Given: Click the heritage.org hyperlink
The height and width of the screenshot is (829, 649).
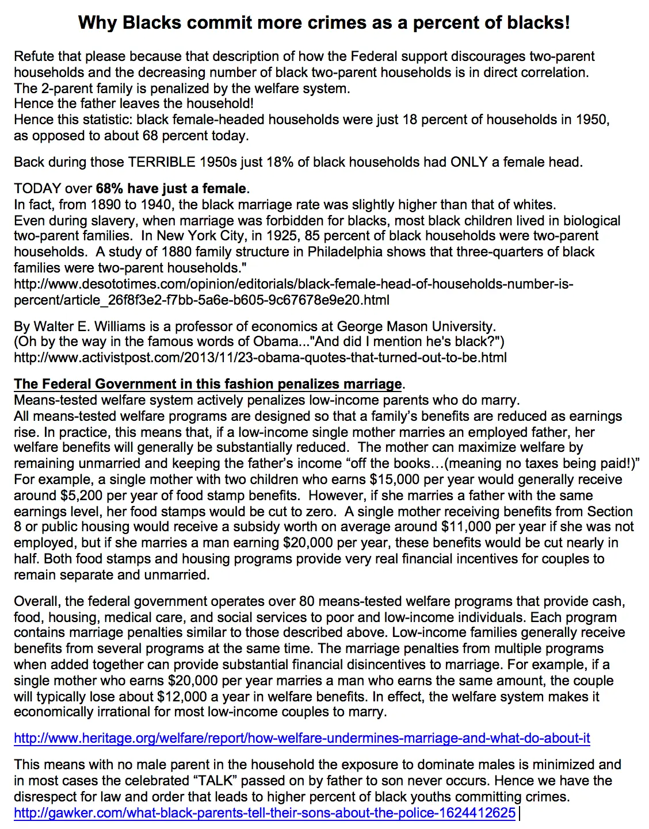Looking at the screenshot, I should point(301,738).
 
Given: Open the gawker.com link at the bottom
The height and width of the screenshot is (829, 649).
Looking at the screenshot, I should point(265,813).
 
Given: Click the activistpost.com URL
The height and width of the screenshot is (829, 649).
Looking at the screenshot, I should point(260,358).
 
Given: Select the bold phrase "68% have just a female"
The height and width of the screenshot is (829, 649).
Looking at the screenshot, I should point(171,189).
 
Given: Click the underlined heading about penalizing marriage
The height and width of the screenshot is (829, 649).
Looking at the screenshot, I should point(208,384).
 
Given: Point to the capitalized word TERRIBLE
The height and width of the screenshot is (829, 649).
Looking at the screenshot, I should point(162,162).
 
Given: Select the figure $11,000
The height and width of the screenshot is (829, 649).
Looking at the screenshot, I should point(467,527).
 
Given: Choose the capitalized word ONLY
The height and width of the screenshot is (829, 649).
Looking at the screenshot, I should point(469,162).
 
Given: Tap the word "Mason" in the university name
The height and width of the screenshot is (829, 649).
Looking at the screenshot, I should point(407,327).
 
